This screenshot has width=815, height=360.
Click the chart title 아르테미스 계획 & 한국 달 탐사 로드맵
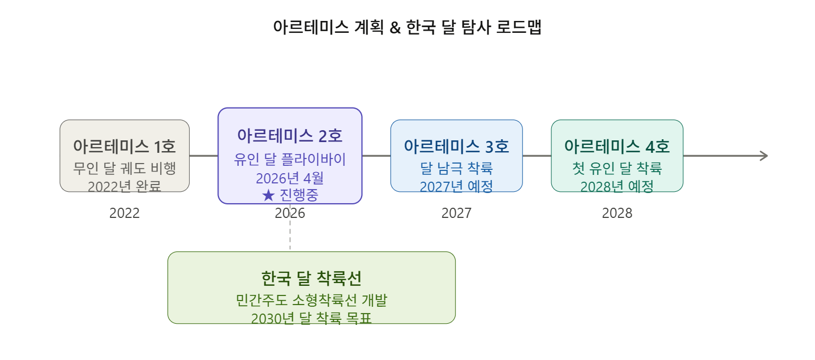click(x=407, y=28)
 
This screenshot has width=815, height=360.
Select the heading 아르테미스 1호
click(x=125, y=147)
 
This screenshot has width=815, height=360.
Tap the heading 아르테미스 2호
click(x=290, y=136)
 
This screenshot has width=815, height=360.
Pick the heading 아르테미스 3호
click(x=456, y=147)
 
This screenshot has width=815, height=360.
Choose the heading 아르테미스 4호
click(x=617, y=147)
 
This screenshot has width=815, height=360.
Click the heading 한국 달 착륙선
click(x=311, y=278)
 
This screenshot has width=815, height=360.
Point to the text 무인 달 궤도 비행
click(x=125, y=168)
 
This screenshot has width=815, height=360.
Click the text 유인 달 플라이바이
click(x=290, y=159)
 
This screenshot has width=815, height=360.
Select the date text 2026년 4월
click(x=290, y=178)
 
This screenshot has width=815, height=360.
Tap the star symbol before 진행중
click(x=268, y=196)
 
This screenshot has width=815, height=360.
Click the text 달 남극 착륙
click(x=456, y=168)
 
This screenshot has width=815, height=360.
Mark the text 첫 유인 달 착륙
click(x=617, y=168)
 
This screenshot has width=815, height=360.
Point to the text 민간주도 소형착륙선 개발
click(x=311, y=300)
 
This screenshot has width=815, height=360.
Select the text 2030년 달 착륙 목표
click(x=311, y=318)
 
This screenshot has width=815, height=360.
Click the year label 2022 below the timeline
click(x=125, y=213)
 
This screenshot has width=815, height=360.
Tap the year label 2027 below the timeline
click(x=456, y=213)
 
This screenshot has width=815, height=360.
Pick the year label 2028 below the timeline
click(x=617, y=213)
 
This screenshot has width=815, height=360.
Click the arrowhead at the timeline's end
click(x=764, y=156)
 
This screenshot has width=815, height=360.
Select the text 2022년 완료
click(x=125, y=186)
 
